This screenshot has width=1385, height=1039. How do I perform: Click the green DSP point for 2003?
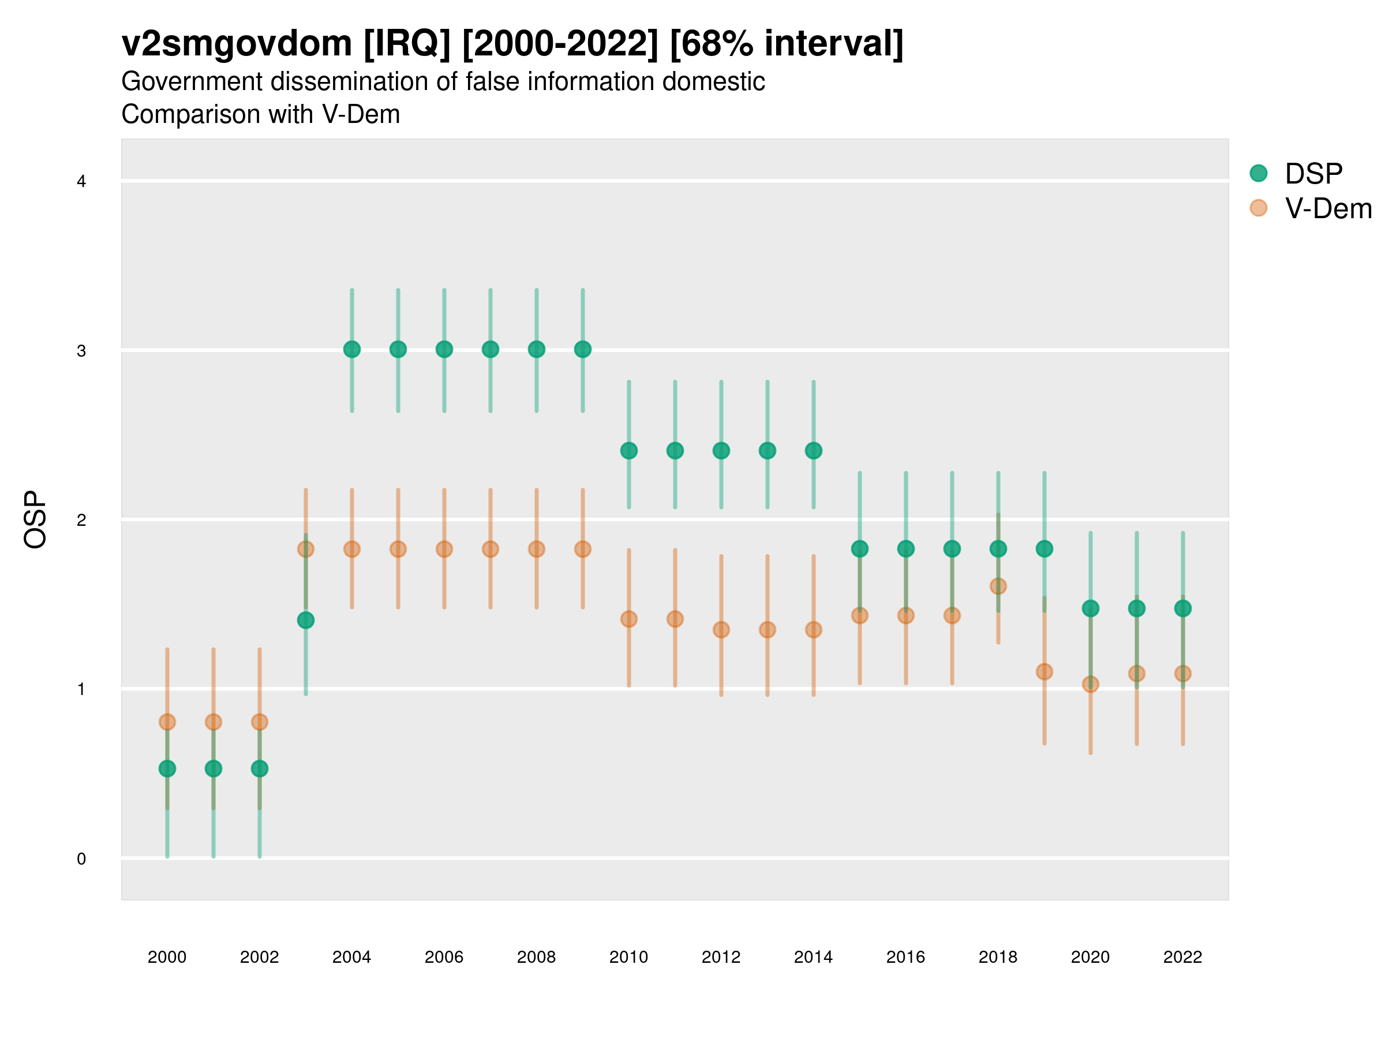click(305, 620)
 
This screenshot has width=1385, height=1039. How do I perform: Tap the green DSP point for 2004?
click(352, 349)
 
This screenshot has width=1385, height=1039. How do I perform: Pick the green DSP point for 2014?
click(813, 450)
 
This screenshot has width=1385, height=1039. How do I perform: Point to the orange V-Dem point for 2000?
click(167, 722)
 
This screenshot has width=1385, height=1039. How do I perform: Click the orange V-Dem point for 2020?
click(1090, 684)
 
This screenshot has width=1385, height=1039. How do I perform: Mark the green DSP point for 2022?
click(1183, 608)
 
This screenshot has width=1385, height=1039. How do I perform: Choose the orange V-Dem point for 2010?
click(628, 619)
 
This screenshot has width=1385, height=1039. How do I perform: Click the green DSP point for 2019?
click(1045, 548)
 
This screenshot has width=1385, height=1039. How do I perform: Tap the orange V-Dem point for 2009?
click(583, 548)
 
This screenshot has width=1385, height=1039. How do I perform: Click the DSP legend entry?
click(1313, 174)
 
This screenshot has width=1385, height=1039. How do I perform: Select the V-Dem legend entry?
click(1327, 208)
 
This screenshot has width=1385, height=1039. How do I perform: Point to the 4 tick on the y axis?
click(81, 182)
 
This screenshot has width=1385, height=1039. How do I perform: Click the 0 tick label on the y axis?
click(81, 859)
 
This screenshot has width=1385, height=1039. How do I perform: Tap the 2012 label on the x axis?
click(721, 957)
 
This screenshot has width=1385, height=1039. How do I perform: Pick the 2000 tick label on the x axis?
click(167, 957)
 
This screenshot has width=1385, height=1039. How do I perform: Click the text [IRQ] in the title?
click(406, 44)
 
